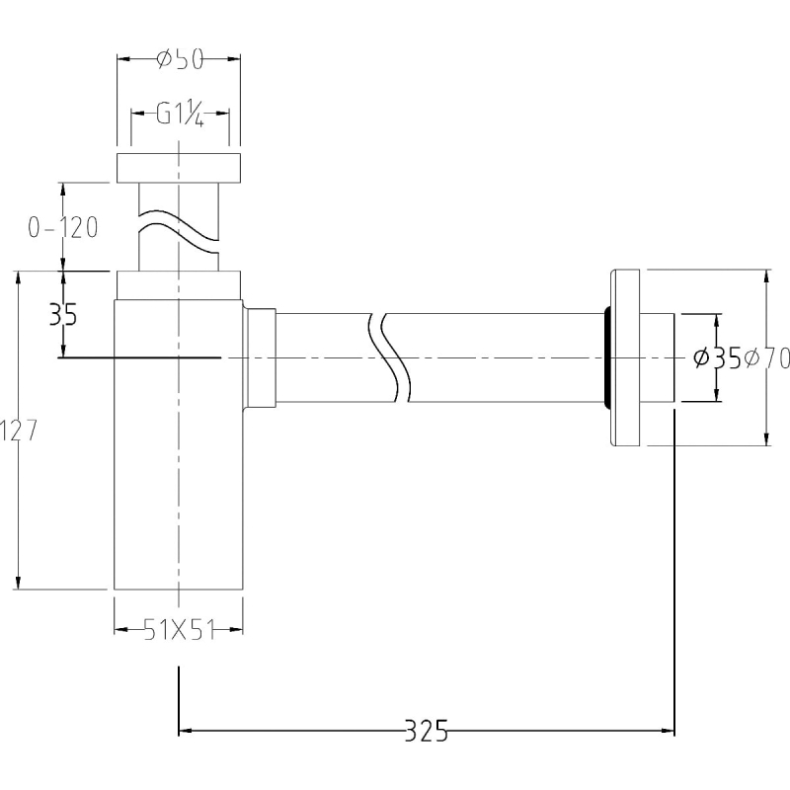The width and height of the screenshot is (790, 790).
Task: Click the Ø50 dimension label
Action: tap(180, 59)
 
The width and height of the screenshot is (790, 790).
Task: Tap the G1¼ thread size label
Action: tap(180, 114)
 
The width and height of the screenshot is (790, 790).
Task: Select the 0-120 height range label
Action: tap(63, 228)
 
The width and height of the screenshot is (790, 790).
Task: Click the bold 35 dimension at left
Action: tap(63, 315)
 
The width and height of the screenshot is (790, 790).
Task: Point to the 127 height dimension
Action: tap(19, 431)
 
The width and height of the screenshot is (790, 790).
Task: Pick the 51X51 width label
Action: tap(179, 630)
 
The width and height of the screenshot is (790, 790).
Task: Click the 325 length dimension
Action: tap(427, 731)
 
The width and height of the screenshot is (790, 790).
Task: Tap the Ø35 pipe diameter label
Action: tap(717, 358)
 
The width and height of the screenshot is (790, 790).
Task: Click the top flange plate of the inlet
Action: tap(179, 168)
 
